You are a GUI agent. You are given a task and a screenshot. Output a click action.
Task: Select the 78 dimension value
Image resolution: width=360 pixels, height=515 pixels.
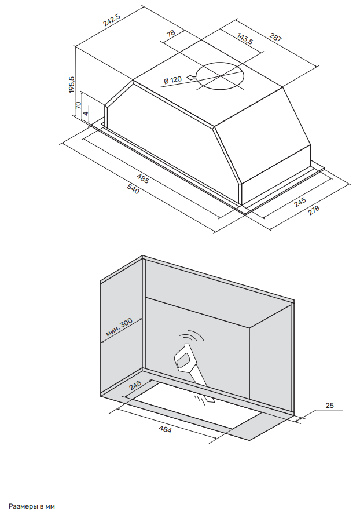171,34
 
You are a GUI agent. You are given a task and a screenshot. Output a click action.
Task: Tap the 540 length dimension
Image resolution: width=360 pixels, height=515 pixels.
133,189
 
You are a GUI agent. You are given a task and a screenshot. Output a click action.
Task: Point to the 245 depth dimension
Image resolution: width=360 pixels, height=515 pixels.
300,202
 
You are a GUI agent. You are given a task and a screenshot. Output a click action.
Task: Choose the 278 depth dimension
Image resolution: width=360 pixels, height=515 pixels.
314,210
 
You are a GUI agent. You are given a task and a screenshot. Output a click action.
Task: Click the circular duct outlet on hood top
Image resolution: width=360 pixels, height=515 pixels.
219,76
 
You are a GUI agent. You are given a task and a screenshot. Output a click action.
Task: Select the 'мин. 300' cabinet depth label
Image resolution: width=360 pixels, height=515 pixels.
120,328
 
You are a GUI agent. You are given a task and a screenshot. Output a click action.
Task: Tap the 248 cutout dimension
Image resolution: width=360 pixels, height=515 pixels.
135,385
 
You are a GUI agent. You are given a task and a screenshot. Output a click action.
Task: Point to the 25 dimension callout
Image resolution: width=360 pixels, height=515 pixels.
330,406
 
